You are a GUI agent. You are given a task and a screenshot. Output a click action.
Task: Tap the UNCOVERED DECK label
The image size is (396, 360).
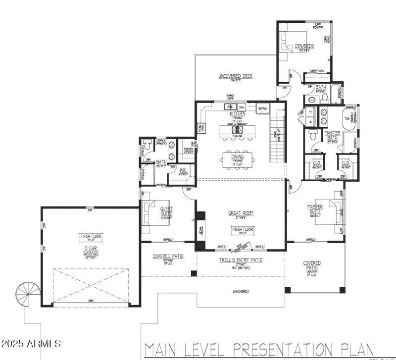[x=236, y=76]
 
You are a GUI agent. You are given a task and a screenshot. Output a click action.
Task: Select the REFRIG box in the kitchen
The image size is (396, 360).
[x=262, y=108]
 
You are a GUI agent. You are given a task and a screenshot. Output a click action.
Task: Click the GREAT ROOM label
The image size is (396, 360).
[x=241, y=213]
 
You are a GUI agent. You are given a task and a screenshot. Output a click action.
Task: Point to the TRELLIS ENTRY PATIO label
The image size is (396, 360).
[x=241, y=260]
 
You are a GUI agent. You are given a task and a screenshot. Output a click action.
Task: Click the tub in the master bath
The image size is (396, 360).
[x=349, y=119]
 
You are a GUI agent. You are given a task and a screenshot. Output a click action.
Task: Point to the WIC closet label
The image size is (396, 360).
[x=183, y=170]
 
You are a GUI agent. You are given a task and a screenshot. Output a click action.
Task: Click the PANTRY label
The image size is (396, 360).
[x=188, y=149]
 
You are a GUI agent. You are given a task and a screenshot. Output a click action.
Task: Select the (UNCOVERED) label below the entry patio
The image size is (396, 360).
[x=240, y=292]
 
